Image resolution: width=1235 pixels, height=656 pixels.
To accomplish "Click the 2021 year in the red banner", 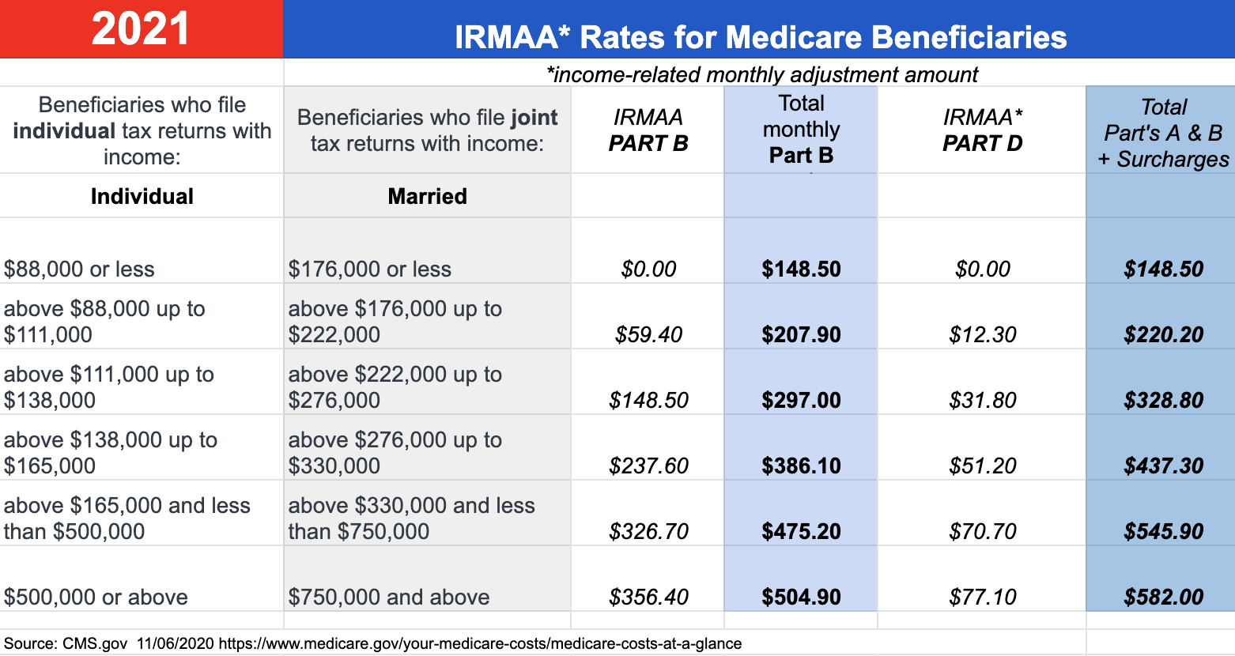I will [141, 29].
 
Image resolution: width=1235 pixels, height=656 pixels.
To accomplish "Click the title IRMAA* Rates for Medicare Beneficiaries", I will [761, 37].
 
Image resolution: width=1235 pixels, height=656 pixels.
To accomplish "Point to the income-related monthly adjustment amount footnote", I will [762, 74].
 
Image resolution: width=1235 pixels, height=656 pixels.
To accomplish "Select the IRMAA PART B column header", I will [648, 130].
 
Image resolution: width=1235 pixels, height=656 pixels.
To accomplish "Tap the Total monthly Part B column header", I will [801, 130].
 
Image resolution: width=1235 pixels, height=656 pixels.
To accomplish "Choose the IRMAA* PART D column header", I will [982, 130].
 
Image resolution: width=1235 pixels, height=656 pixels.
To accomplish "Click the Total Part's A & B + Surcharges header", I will [1163, 133].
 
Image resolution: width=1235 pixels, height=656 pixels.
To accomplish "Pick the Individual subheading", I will [142, 196].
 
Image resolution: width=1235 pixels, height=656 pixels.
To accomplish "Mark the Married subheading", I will [427, 196].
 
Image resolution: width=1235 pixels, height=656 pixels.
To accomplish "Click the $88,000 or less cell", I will [79, 270].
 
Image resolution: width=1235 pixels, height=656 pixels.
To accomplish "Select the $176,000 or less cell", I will [369, 270].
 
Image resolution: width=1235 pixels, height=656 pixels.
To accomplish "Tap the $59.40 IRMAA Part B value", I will [648, 335].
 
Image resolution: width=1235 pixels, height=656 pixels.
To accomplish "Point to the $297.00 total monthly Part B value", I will [801, 401].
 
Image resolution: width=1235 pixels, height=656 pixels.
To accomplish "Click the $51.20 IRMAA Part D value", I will [982, 466].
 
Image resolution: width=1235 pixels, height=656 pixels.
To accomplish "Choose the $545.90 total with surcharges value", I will [1163, 532].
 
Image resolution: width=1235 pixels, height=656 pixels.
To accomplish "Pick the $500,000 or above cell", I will [96, 598].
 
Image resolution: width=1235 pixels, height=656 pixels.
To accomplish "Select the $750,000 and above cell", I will [388, 598].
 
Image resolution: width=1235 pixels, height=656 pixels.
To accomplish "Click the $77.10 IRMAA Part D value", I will [982, 598].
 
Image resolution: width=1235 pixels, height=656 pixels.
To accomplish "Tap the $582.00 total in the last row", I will [1163, 598].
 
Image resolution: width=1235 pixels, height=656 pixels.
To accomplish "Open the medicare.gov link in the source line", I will [480, 643].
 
